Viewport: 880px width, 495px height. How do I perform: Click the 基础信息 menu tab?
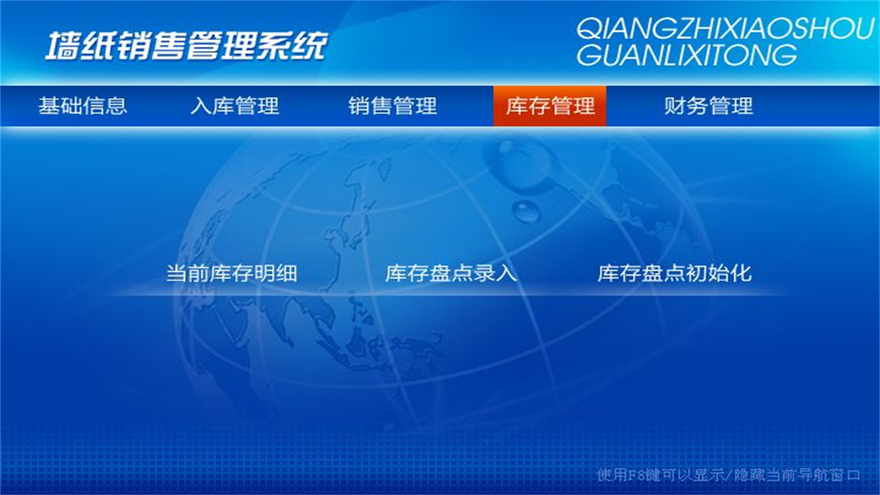click(x=82, y=106)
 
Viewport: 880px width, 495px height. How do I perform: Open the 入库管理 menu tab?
click(x=234, y=106)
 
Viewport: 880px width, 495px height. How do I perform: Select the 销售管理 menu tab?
click(x=393, y=106)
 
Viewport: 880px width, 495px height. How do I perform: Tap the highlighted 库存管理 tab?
click(x=550, y=106)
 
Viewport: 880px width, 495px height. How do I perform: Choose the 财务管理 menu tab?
click(x=708, y=106)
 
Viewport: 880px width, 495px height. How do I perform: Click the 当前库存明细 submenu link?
click(x=232, y=274)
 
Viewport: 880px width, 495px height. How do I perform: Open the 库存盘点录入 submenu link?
click(x=450, y=274)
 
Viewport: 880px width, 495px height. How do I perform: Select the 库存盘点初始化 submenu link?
click(x=674, y=274)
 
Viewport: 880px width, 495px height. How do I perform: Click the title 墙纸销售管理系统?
click(x=186, y=46)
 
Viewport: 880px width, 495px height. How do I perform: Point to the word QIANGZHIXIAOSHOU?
click(x=725, y=29)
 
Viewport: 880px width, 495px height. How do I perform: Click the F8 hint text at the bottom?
click(x=729, y=475)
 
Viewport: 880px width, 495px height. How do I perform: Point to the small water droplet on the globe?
click(x=526, y=211)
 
